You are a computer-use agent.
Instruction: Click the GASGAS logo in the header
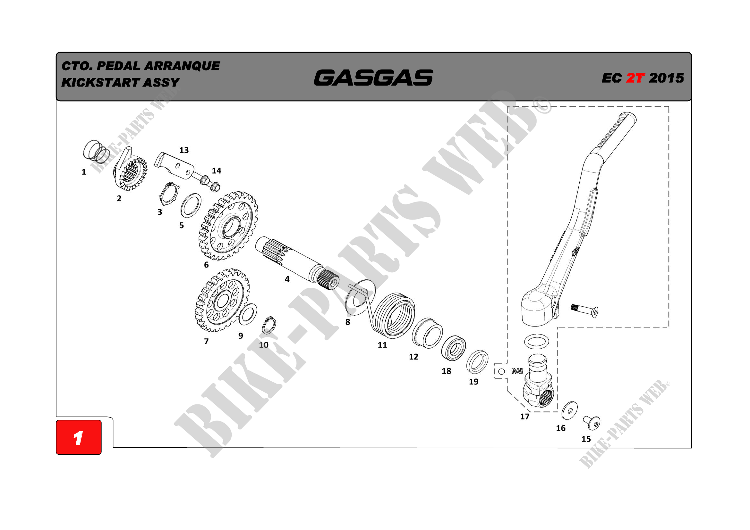(373, 78)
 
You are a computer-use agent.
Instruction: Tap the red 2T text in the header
(635, 78)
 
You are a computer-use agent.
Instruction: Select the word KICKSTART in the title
(101, 83)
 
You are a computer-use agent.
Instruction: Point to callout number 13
(184, 150)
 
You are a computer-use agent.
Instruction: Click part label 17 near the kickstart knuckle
(524, 417)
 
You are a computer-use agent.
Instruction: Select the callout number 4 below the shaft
(287, 279)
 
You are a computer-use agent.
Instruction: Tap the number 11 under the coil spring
(382, 345)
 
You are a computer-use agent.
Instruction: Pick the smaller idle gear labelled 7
(222, 301)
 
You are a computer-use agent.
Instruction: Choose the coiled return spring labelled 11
(394, 315)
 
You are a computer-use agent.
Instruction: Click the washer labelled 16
(569, 410)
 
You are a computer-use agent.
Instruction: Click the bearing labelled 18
(453, 348)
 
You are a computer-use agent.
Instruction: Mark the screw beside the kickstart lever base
(585, 311)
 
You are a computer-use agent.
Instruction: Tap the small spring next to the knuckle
(517, 371)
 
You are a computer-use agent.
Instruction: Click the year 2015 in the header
(666, 78)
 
